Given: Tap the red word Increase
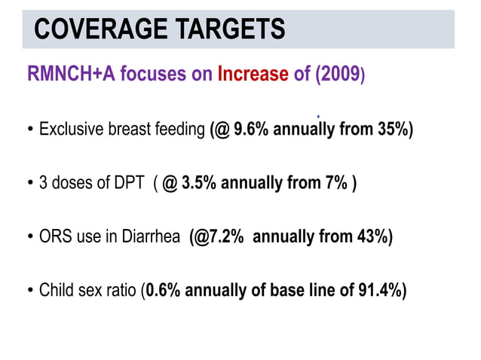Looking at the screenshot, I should (x=253, y=75).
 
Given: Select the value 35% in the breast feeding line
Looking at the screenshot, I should (x=391, y=130).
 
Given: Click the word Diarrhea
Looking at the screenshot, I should (x=154, y=237).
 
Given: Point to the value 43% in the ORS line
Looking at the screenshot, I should (x=369, y=237).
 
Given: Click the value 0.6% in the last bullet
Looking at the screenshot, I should (x=163, y=291).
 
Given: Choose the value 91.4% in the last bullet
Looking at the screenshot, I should (x=381, y=291).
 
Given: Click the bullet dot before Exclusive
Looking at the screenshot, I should (x=30, y=130).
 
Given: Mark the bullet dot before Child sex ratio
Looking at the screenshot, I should (x=30, y=292).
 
